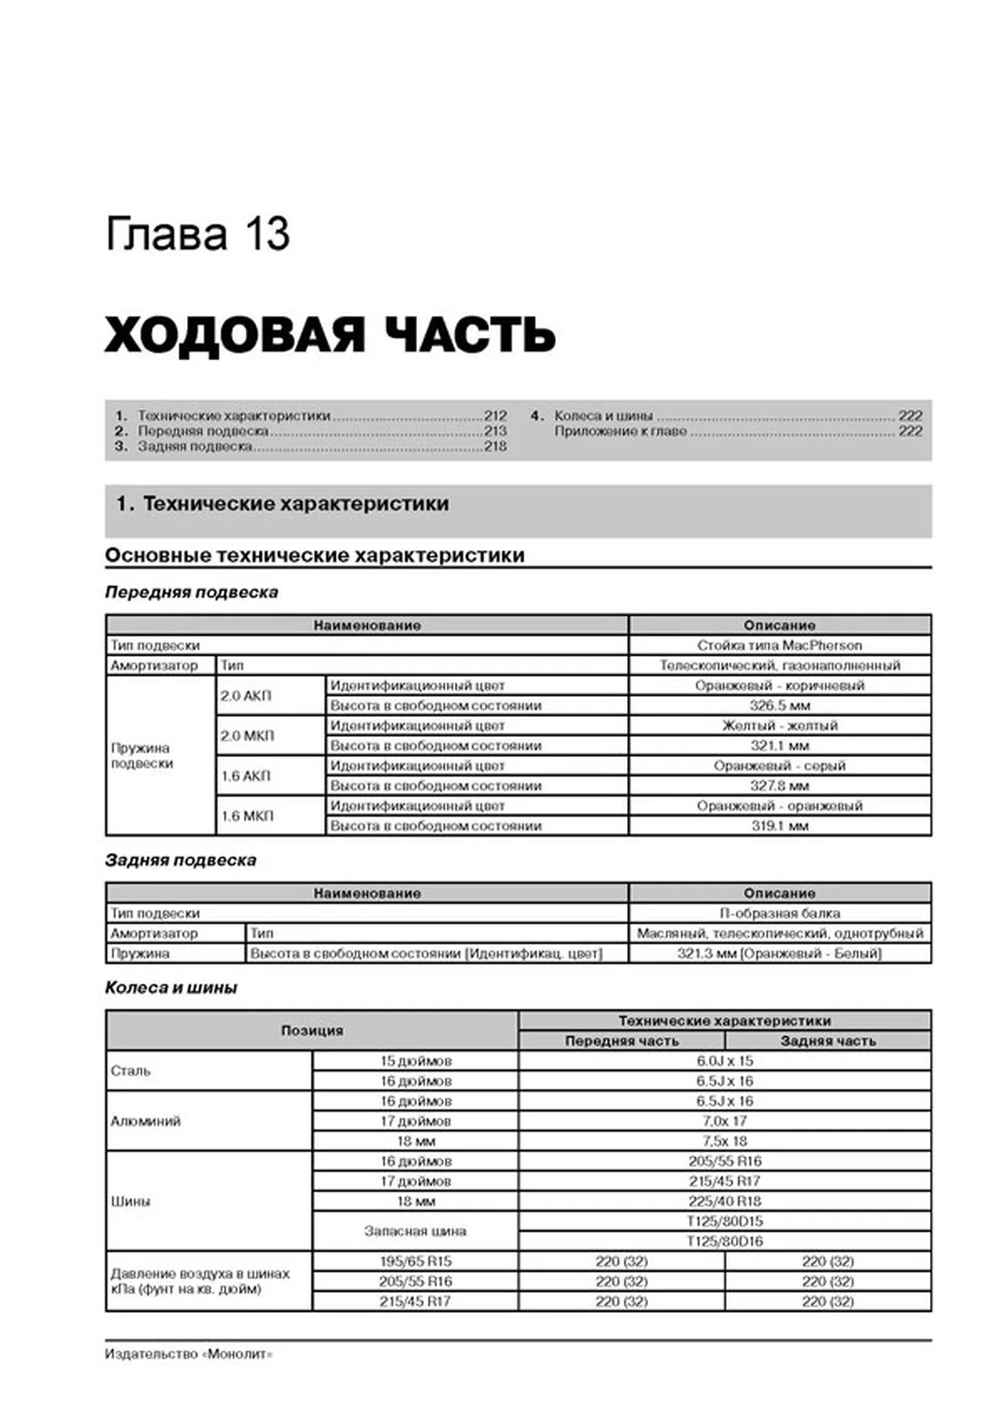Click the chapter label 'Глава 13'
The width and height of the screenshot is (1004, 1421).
point(197,234)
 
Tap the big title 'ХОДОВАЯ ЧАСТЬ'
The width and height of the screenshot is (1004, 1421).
point(330,335)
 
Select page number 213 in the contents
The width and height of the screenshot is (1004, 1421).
point(495,431)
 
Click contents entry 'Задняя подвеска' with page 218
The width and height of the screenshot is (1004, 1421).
point(195,447)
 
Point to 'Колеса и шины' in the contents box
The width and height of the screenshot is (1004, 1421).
point(603,416)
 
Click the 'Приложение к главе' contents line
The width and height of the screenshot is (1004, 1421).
point(620,431)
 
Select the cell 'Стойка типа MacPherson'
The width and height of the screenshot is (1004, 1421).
point(779,645)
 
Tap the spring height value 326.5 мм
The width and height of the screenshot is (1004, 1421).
point(779,705)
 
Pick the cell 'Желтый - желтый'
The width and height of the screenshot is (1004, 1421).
point(779,726)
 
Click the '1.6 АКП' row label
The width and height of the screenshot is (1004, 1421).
point(246,776)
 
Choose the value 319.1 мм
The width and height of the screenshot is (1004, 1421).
point(779,826)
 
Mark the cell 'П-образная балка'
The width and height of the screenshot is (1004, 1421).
point(779,913)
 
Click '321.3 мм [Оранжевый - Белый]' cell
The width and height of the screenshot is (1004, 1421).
point(779,954)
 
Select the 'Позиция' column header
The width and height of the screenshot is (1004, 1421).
point(311,1031)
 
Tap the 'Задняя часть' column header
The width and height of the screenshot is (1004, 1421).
point(828,1041)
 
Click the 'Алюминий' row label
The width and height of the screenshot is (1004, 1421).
point(146,1121)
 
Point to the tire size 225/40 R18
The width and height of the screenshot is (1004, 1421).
point(724,1202)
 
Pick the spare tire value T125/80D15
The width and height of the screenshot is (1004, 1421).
point(724,1222)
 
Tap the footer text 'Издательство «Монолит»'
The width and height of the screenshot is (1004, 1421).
point(188,1355)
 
